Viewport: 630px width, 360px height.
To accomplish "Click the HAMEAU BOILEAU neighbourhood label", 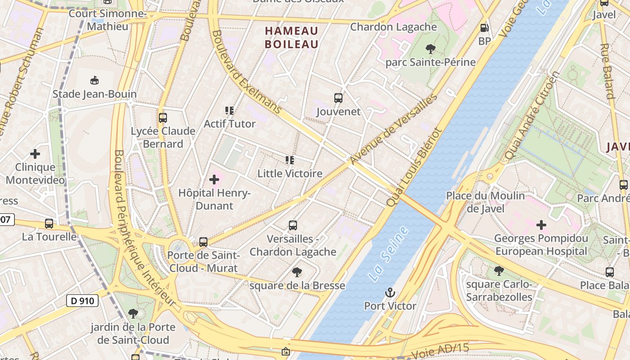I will [x=292, y=37].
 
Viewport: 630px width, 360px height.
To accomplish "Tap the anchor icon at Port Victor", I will [x=390, y=293].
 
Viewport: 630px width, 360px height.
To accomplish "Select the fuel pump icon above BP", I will [x=484, y=28].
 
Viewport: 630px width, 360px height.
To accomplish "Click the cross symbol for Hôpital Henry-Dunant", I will [x=214, y=180].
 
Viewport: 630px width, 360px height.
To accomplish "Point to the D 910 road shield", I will [x=82, y=300].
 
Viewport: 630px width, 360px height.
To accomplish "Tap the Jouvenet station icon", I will [x=338, y=98].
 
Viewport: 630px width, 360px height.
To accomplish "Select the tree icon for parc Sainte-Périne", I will [x=430, y=49].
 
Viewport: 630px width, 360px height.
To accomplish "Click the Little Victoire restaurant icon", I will [x=290, y=160].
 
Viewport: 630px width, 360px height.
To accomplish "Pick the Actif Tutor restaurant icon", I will [x=229, y=111].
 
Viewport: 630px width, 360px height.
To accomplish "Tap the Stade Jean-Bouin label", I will [x=94, y=94].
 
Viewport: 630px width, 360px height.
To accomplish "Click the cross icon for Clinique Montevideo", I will [x=35, y=154].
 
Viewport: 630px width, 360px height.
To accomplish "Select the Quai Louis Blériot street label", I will [x=414, y=167].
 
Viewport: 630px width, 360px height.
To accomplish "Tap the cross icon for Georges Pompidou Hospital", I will [x=541, y=225].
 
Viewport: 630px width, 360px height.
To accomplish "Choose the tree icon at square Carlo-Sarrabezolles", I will [x=499, y=271].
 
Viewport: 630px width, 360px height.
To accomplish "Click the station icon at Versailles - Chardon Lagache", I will [x=293, y=225].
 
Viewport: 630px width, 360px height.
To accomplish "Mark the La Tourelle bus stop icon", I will [x=49, y=224].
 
